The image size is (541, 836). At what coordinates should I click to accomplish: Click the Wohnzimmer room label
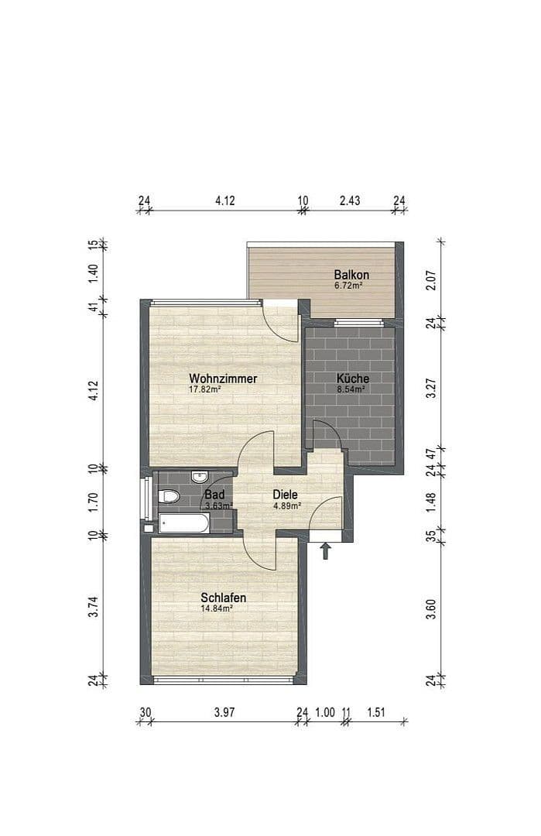[x=223, y=379]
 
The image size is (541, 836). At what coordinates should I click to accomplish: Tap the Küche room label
[x=353, y=379]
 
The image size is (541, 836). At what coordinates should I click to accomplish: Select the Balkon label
[x=351, y=275]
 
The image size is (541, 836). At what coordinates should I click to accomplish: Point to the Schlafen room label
[x=223, y=598]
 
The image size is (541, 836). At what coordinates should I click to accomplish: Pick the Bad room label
[x=214, y=494]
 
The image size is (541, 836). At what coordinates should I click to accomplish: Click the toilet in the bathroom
[x=168, y=496]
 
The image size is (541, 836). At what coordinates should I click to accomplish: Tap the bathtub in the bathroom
[x=183, y=524]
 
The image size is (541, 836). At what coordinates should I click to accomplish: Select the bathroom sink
[x=199, y=476]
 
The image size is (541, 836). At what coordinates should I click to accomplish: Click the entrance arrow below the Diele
[x=326, y=550]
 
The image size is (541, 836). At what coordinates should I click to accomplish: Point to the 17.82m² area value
[x=205, y=390]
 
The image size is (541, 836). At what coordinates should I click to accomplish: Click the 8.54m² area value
[x=352, y=389]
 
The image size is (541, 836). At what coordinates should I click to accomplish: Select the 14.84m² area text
[x=217, y=608]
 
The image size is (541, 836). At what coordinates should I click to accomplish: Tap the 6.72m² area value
[x=349, y=286]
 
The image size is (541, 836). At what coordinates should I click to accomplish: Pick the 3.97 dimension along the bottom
[x=224, y=713]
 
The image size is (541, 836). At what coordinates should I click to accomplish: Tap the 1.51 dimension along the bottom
[x=378, y=713]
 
